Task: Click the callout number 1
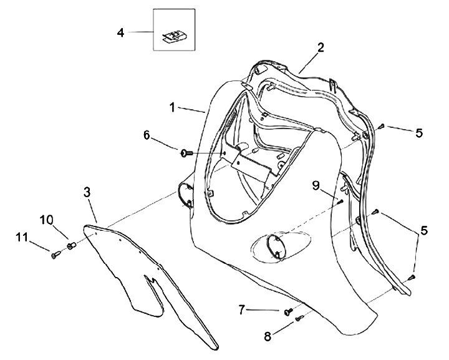pos(172,107)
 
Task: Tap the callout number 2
pos(320,47)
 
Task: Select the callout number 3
pos(88,192)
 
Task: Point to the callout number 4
pos(120,31)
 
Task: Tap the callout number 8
pos(268,336)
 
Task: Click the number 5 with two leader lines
pos(424,231)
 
